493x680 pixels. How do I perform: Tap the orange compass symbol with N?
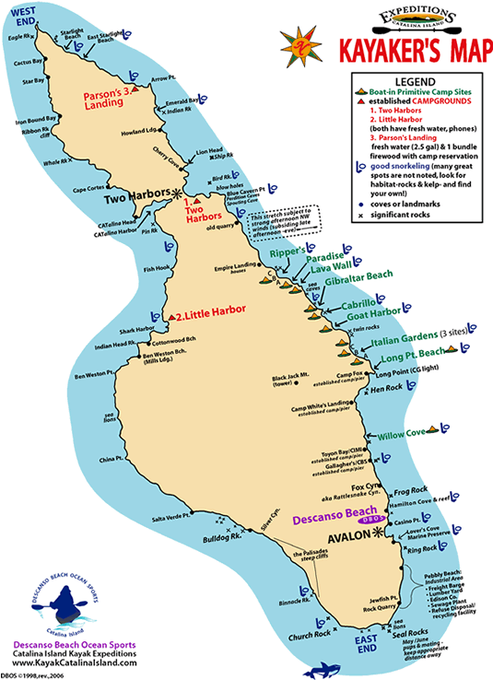(299, 49)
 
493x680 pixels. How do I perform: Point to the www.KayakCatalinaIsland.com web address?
(76, 663)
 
